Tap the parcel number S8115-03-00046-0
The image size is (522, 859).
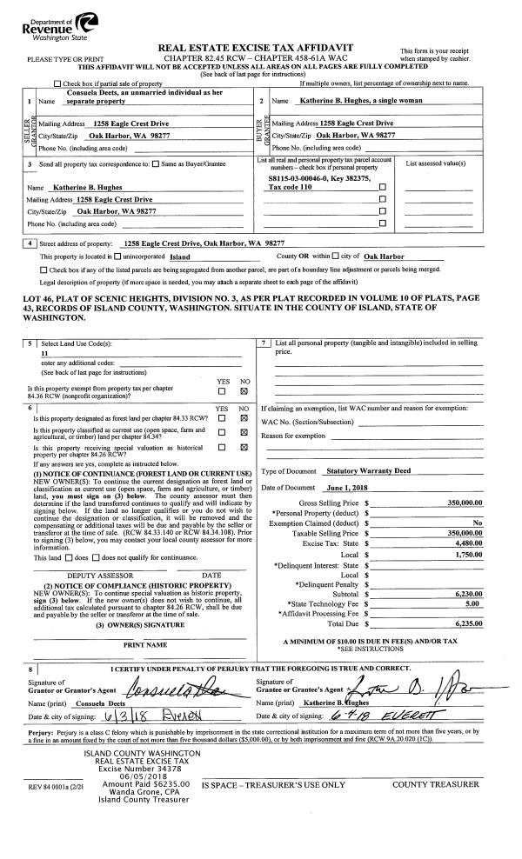[x=300, y=178]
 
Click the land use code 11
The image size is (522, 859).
[x=44, y=355]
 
